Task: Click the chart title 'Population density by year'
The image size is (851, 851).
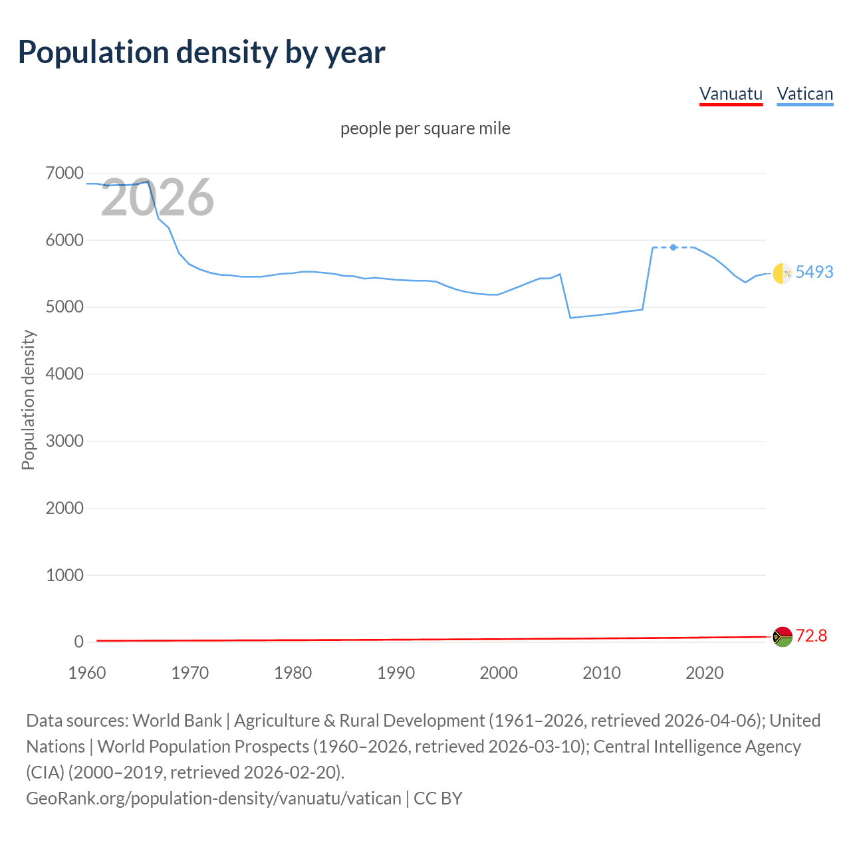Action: (201, 53)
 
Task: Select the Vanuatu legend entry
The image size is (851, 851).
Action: (731, 94)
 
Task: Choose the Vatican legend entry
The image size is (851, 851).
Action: (804, 94)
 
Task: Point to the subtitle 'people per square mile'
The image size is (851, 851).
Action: (425, 128)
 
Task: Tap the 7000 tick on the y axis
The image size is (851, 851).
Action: (64, 174)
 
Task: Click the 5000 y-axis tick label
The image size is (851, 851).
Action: (64, 307)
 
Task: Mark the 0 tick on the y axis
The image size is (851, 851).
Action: (78, 642)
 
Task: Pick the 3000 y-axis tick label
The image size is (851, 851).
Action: (64, 441)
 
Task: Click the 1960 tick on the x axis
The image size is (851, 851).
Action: (87, 673)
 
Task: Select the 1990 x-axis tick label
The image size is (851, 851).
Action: (396, 673)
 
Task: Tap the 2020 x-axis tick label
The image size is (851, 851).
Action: (704, 673)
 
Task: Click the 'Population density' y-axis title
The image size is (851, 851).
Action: (28, 400)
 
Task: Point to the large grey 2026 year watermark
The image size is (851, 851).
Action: (158, 197)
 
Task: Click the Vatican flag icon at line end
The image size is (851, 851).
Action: (783, 273)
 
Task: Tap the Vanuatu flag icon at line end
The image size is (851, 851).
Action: (783, 637)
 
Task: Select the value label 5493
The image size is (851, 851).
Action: (814, 272)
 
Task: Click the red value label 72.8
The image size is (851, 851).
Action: (811, 636)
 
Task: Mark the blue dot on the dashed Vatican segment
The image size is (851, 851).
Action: (673, 247)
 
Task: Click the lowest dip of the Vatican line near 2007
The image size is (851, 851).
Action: (570, 318)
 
